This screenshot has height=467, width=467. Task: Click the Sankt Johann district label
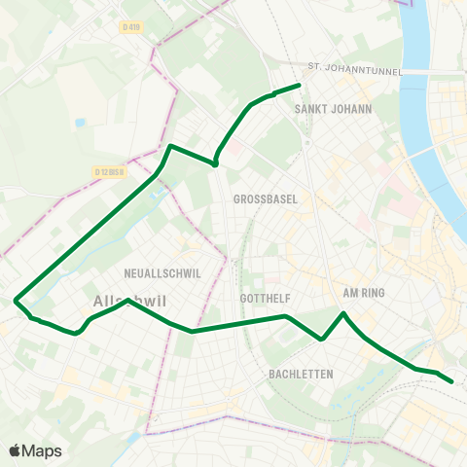(333, 110)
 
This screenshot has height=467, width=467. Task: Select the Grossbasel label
(266, 198)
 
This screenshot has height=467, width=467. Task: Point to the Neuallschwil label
(162, 273)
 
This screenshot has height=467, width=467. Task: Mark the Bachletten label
(301, 374)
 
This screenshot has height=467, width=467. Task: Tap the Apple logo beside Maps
(15, 450)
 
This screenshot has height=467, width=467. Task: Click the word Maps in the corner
(42, 450)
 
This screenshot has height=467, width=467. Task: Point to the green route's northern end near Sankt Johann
(298, 86)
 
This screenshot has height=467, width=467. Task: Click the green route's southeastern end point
(452, 381)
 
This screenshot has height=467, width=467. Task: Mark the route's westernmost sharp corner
(15, 301)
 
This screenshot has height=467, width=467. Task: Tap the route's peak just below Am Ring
(343, 313)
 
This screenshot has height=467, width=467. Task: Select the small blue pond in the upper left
(79, 123)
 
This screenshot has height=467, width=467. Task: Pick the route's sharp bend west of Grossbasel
(214, 163)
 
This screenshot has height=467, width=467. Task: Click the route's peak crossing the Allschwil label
(127, 302)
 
